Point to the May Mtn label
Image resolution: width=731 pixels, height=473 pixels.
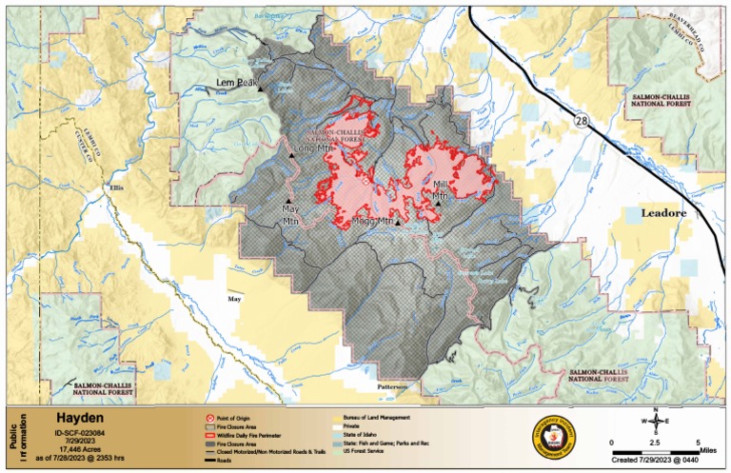(x=290, y=212)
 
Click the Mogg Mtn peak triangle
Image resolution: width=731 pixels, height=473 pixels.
(x=399, y=225)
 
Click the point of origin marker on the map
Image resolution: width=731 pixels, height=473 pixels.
(x=364, y=179)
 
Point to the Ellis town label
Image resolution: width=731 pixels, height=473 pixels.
(x=117, y=187)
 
